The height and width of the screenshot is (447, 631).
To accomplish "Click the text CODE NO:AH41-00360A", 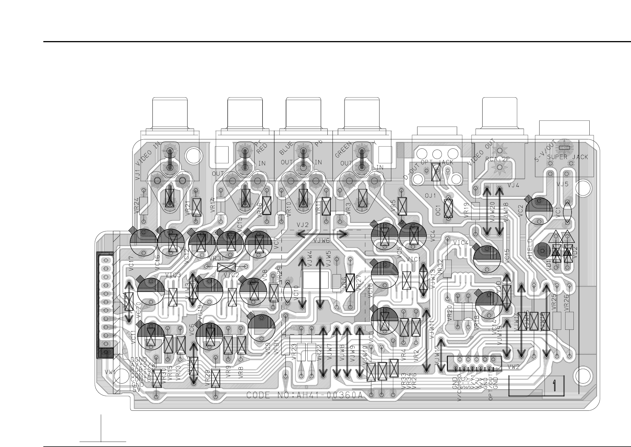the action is coord(304,395).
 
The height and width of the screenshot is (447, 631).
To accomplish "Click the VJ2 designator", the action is coord(302,225).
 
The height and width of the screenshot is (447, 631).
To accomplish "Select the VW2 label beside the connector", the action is coord(513,367).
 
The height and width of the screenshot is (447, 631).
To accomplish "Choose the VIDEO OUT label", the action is coord(481,152).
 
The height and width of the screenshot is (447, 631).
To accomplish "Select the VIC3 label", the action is coord(173,275).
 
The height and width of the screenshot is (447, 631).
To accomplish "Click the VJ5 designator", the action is coord(562,184).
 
